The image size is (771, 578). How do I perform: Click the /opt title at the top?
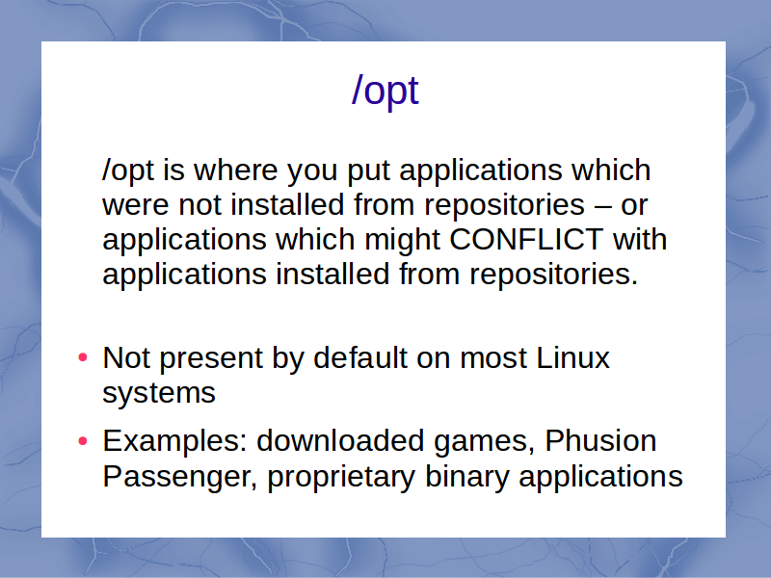(385, 92)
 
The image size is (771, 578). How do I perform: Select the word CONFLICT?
(526, 239)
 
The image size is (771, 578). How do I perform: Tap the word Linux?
(572, 357)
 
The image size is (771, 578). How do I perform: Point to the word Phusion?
(600, 440)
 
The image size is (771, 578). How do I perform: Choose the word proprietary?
(341, 478)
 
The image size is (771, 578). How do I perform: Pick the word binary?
(466, 478)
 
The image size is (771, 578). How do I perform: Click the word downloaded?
(340, 440)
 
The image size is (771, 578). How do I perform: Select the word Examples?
(174, 442)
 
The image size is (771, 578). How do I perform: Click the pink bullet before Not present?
(83, 357)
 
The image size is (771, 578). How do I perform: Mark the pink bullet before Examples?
(83, 441)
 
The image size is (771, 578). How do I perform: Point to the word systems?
(159, 394)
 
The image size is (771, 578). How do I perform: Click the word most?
(493, 358)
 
